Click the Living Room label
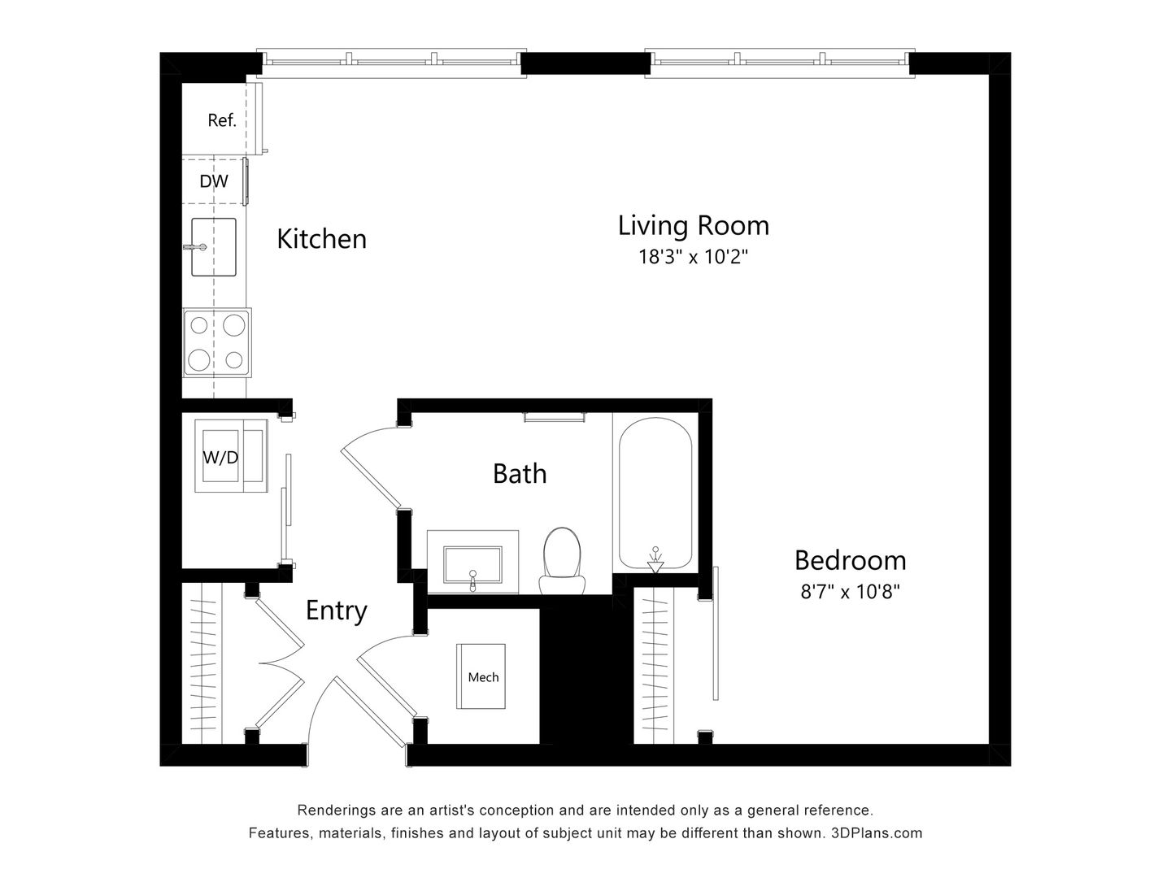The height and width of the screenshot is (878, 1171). [693, 225]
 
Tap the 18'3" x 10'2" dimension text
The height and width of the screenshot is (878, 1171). [693, 258]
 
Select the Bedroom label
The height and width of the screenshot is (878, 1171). [850, 560]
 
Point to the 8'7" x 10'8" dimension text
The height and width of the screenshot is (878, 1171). [850, 592]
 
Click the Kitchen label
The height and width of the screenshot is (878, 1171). [321, 239]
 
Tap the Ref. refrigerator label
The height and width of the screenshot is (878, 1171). [221, 120]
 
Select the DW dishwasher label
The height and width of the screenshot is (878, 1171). [214, 181]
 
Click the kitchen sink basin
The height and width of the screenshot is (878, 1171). [214, 246]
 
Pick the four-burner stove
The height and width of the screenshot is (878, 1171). [216, 341]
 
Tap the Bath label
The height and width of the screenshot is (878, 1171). [520, 473]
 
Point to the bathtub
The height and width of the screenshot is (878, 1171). [655, 488]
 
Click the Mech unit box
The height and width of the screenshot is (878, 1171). [482, 676]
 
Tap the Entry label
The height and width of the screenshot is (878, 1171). [336, 611]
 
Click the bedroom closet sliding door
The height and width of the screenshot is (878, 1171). [715, 634]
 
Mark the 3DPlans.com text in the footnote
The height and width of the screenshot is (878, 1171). [877, 832]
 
